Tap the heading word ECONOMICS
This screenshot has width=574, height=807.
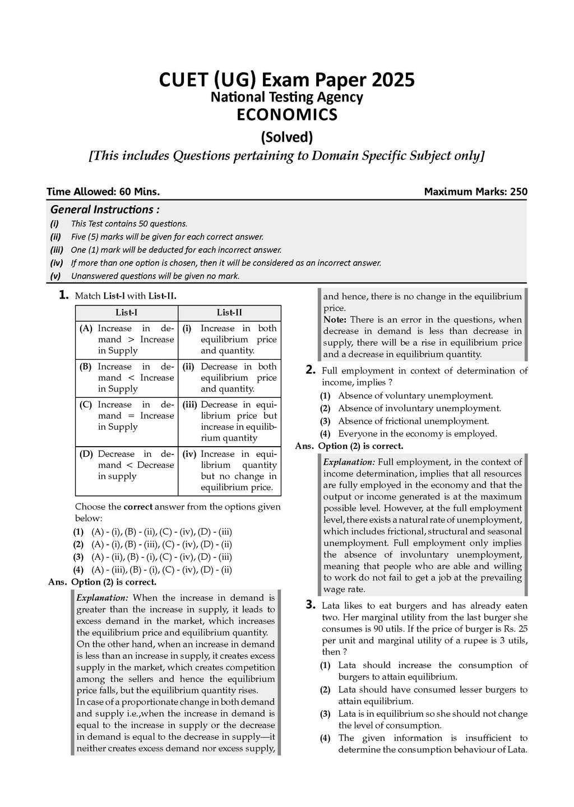click(286, 115)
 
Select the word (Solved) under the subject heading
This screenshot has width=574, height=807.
click(286, 137)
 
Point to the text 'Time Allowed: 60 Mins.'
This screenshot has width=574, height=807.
click(103, 192)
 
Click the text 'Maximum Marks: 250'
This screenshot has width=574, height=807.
click(475, 192)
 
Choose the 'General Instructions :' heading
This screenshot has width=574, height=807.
click(105, 210)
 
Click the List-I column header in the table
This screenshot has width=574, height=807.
click(126, 313)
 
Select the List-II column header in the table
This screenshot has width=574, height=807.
click(229, 313)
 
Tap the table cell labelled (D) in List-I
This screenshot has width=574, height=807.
click(127, 465)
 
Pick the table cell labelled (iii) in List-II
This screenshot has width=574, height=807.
click(229, 421)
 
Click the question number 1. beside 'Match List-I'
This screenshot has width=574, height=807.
click(64, 295)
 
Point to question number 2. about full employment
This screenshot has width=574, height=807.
click(311, 370)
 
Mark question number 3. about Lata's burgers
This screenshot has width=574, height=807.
click(311, 605)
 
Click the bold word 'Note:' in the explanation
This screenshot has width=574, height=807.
click(335, 319)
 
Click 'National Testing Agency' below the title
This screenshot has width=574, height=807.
click(286, 98)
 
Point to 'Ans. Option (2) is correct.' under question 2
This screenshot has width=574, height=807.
click(349, 446)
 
